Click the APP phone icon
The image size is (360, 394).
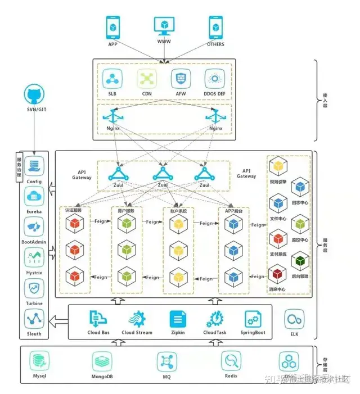[x=113, y=27]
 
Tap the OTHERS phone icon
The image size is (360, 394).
[x=214, y=27]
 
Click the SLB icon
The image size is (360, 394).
[x=112, y=78]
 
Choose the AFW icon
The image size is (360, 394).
[x=180, y=78]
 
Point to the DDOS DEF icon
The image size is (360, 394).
[x=214, y=78]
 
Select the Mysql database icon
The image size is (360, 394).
[x=39, y=360]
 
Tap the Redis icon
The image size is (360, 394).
[x=231, y=360]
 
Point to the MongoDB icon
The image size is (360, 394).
[x=102, y=360]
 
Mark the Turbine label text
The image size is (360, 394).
[x=35, y=304]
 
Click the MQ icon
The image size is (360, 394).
[x=166, y=360]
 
